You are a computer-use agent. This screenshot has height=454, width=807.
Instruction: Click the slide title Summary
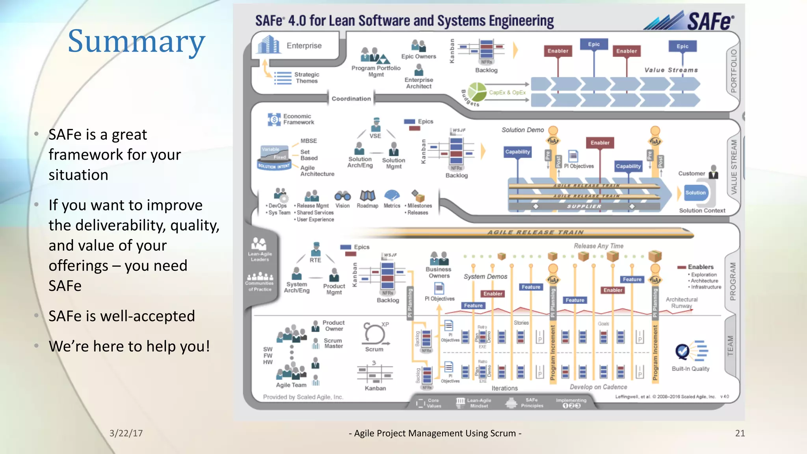click(136, 41)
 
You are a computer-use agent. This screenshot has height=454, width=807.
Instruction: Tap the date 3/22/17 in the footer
click(126, 433)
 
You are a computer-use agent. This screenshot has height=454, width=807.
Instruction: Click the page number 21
click(740, 433)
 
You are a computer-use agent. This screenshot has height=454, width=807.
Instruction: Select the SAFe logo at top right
click(690, 20)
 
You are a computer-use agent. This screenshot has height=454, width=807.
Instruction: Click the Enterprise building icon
click(269, 45)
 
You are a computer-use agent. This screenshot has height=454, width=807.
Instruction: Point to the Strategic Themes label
click(307, 78)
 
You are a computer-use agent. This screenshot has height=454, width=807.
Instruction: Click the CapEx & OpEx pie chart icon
click(477, 92)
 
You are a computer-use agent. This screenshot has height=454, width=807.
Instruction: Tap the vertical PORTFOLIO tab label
click(733, 71)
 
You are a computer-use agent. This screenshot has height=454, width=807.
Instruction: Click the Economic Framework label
click(298, 119)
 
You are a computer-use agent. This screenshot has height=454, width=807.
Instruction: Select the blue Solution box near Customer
click(695, 193)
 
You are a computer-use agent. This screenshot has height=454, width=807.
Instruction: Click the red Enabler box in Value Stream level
click(600, 143)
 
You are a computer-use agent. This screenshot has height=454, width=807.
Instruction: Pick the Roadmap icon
click(367, 195)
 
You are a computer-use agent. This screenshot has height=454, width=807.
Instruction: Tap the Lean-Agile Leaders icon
click(259, 244)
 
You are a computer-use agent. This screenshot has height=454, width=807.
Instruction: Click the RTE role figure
click(316, 249)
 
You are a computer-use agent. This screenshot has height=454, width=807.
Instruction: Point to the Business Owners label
click(439, 272)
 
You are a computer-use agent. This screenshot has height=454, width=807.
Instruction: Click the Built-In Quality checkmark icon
click(682, 351)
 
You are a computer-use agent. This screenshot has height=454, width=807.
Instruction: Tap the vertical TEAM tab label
click(730, 346)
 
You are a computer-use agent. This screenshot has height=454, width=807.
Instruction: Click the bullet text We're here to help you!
click(129, 346)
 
